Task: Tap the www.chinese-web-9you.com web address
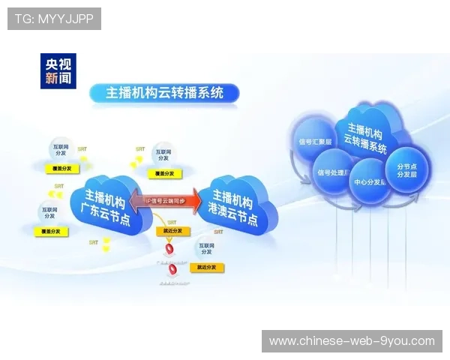pyautogui.click(x=352, y=341)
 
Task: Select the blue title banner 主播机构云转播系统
pyautogui.click(x=164, y=93)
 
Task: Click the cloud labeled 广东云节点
pyautogui.click(x=110, y=203)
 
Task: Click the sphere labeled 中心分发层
pyautogui.click(x=370, y=181)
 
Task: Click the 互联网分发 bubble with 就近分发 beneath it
pyautogui.click(x=205, y=247)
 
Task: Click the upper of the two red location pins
pyautogui.click(x=170, y=249)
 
